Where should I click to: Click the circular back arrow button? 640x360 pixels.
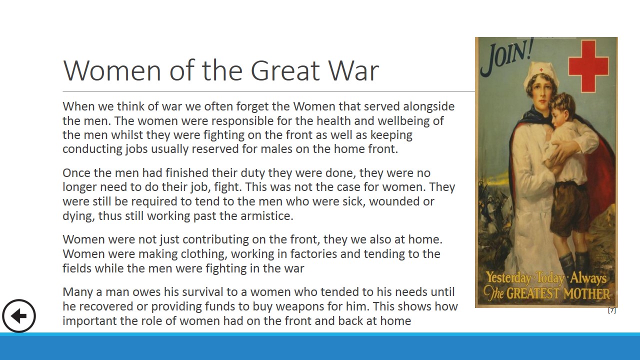coord(19,316)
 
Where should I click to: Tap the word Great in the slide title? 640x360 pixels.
coord(285,70)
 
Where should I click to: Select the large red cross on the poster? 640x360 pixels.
coord(588,66)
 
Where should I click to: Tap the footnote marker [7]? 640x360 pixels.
coord(611,310)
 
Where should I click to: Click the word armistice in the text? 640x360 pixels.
coord(267,215)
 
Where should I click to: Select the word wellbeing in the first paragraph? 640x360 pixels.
coord(405,121)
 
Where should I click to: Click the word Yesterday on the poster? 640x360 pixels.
coord(508,277)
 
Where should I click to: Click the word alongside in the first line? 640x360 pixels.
coord(428,106)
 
